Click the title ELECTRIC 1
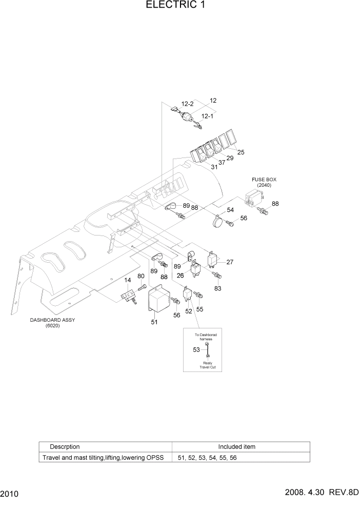coord(179,6)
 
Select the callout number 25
coord(241,152)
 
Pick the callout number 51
coord(154,322)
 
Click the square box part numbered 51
coord(159,300)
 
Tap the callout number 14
coord(128,280)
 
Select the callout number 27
coord(230,262)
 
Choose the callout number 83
coord(218,289)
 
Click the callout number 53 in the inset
coord(196,350)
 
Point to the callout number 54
coord(230,210)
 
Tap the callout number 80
coord(141,276)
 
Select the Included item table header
coord(236,446)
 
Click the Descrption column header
coord(65,446)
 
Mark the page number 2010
coord(10,495)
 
